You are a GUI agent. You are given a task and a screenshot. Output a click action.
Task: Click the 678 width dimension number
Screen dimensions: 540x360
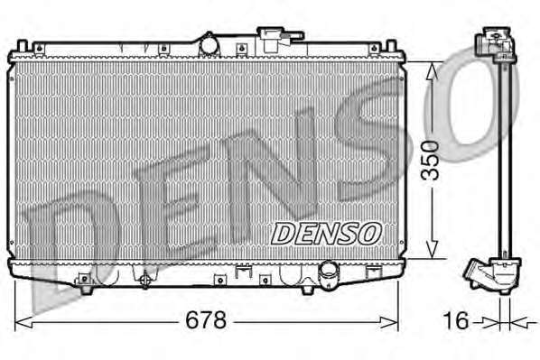[x=206, y=319]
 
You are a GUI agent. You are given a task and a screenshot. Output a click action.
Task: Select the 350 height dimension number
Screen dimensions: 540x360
[x=431, y=161]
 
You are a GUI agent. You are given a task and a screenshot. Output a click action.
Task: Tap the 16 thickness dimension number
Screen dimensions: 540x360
[x=456, y=320]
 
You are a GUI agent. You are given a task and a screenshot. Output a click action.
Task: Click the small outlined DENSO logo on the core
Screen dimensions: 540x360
[x=326, y=234]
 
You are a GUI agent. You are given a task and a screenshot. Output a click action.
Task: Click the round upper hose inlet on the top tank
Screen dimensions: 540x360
[x=209, y=45]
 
